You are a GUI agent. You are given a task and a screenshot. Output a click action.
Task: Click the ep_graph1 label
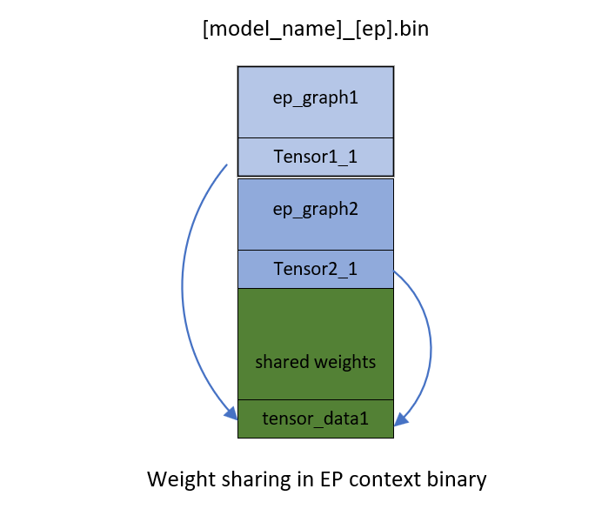point(316,98)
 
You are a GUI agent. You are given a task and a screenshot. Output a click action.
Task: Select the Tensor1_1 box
point(316,157)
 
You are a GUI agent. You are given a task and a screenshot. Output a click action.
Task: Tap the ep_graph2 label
point(316,210)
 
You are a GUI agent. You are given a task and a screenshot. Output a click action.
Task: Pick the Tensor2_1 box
point(316,269)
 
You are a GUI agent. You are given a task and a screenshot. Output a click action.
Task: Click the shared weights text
point(316,362)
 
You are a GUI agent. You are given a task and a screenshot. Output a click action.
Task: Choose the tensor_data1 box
point(316,419)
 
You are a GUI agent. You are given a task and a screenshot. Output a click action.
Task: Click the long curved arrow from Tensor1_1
point(184,287)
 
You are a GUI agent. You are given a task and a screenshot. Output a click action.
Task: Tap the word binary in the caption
point(458,479)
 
